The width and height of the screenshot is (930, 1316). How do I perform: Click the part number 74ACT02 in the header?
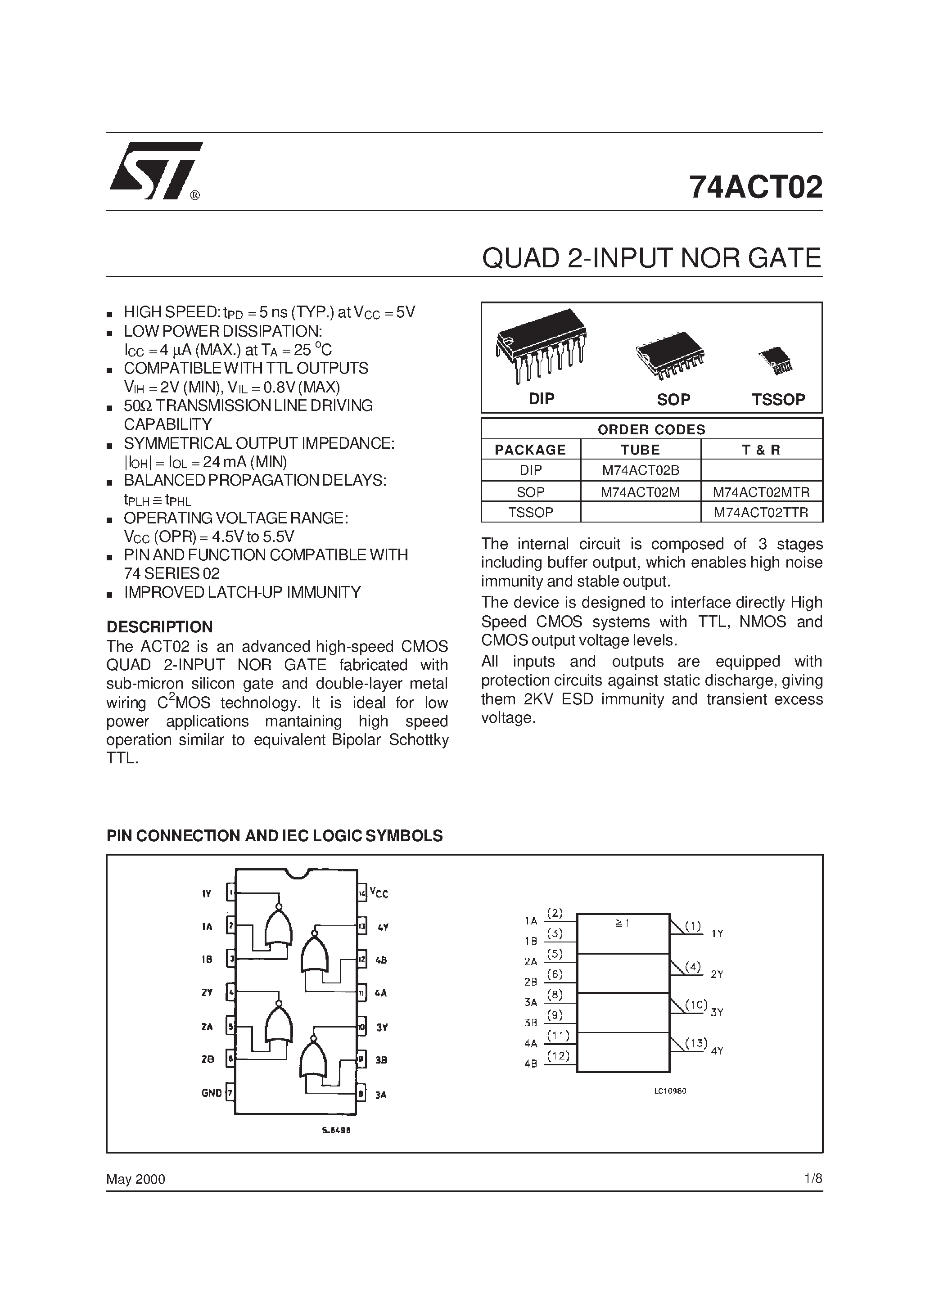[x=755, y=187]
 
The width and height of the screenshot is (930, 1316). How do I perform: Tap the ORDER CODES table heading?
[x=651, y=429]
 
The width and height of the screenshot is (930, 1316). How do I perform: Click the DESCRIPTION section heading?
[x=159, y=626]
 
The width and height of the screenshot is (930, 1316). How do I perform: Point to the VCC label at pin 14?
[x=379, y=892]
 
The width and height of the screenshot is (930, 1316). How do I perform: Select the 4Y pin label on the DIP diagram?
[x=383, y=927]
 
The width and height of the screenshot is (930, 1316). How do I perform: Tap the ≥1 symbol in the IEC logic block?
[x=622, y=924]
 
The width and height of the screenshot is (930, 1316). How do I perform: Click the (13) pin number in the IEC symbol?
[x=696, y=1043]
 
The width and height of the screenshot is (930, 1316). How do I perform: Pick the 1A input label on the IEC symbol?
[x=530, y=921]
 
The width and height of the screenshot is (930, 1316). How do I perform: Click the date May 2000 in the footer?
[x=136, y=1179]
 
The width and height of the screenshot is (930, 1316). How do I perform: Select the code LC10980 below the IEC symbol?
[x=670, y=1091]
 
